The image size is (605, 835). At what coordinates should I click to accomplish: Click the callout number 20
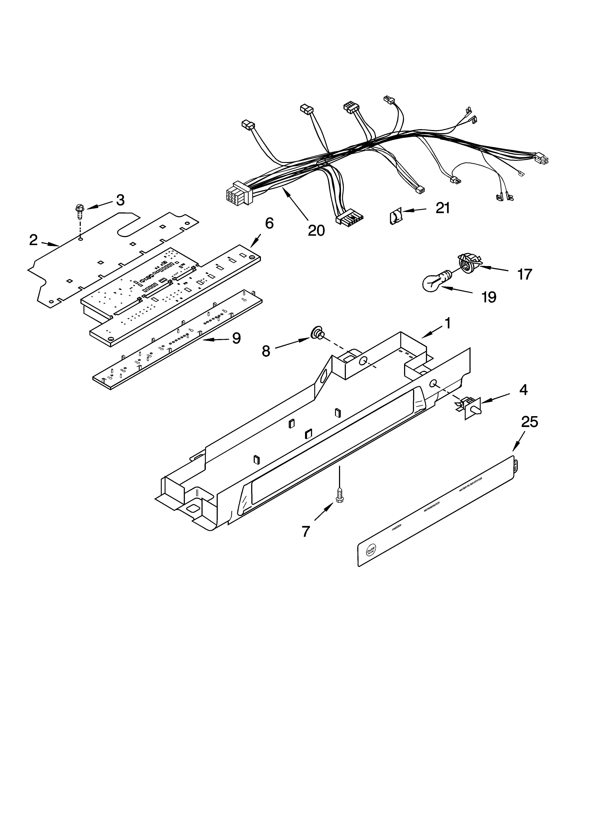316,230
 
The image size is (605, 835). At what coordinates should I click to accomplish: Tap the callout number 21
443,208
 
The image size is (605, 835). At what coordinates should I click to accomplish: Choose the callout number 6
269,223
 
